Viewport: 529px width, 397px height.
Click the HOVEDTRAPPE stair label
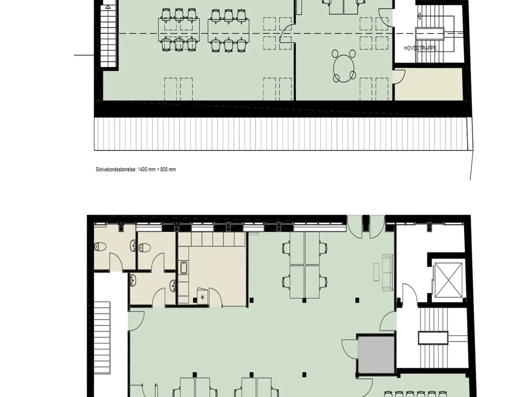click(420, 48)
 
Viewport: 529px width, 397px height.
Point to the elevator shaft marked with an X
click(448, 280)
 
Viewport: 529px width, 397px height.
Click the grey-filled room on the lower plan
click(376, 355)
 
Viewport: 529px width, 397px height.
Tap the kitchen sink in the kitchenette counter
click(184, 268)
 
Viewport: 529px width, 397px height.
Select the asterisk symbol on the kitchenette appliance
click(203, 296)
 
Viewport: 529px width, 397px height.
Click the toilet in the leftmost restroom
click(100, 247)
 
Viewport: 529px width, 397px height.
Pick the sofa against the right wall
click(388, 272)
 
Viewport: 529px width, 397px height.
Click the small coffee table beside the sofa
click(376, 272)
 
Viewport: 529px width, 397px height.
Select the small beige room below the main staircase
click(428, 84)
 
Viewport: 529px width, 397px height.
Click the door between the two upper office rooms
click(287, 33)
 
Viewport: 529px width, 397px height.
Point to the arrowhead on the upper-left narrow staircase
click(108, 7)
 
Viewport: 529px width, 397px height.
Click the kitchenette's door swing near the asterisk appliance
click(215, 297)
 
